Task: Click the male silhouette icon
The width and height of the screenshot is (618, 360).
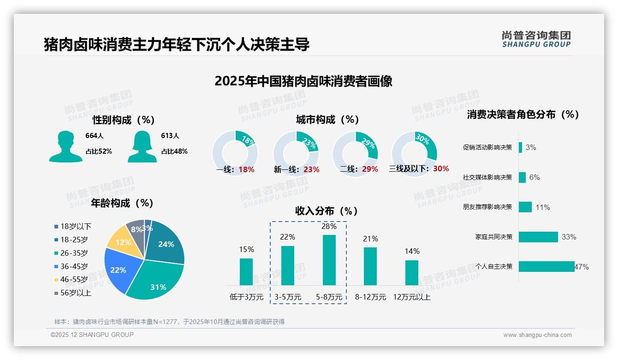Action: (65, 147)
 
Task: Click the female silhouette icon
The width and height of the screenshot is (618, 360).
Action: (142, 147)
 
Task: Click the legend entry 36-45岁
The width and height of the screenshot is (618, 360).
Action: (74, 266)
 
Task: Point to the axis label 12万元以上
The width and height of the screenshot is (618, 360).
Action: (411, 297)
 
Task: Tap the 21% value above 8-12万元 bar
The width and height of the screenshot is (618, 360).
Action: (370, 239)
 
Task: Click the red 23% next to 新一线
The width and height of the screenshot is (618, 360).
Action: (311, 169)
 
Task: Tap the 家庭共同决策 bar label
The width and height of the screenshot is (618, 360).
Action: (493, 237)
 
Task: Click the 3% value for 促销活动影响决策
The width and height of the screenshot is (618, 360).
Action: (530, 148)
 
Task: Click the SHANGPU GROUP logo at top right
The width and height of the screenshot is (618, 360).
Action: (536, 39)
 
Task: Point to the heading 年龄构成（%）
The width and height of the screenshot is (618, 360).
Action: (122, 203)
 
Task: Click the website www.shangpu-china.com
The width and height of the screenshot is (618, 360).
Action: (537, 335)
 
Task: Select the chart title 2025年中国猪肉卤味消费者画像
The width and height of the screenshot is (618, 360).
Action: (303, 82)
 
